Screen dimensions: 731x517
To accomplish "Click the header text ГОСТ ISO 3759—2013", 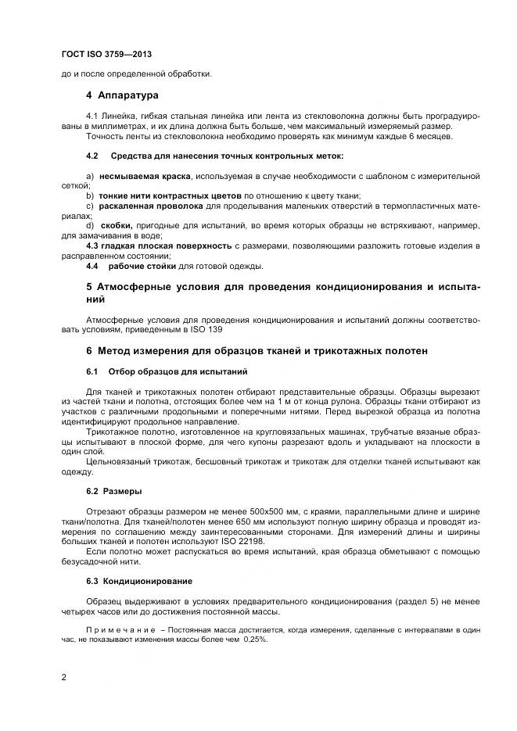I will tap(106, 55).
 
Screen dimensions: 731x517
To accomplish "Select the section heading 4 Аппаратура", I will tap(122, 95).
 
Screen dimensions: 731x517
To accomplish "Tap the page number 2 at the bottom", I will tap(64, 677).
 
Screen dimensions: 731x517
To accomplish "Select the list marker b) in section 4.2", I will tap(90, 195).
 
